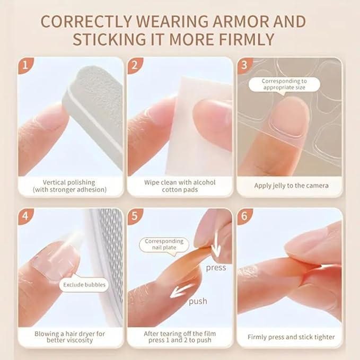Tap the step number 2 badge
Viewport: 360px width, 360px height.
click(x=134, y=66)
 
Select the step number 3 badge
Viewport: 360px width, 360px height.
click(x=244, y=66)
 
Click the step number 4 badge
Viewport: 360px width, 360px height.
click(x=24, y=216)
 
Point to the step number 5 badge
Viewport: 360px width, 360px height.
click(x=134, y=216)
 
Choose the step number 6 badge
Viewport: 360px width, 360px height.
click(x=244, y=216)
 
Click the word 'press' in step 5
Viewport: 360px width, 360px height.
click(x=216, y=268)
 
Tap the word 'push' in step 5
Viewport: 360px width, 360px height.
click(x=198, y=301)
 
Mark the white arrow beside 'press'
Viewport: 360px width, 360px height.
click(x=216, y=249)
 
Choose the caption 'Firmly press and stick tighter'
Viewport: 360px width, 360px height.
click(x=291, y=337)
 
